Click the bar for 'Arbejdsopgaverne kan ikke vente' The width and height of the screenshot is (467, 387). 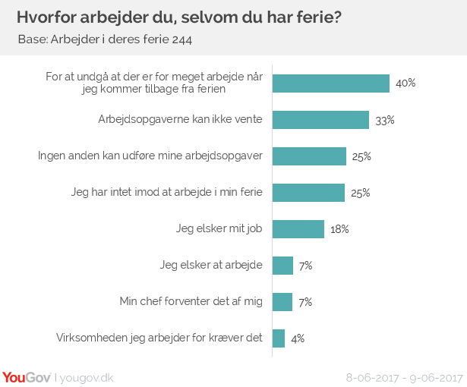coord(320,120)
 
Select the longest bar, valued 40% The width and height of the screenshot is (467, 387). coord(330,83)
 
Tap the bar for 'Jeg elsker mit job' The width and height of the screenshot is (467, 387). coord(298,229)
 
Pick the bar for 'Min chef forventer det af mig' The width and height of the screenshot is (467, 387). coord(282,302)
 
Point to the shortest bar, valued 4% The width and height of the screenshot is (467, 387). coord(279,338)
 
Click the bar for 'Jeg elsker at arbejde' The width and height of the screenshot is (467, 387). coord(282,266)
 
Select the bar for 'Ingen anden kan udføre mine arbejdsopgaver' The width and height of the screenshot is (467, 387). coord(309,156)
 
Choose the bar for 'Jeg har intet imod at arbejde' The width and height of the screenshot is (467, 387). coord(308,193)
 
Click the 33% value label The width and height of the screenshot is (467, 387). coord(385,120)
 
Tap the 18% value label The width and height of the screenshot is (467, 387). coord(339,229)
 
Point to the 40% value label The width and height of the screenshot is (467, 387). coord(405,83)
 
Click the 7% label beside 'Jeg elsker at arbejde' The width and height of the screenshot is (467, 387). coord(305,266)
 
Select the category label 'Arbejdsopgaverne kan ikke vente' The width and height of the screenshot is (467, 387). coord(181,120)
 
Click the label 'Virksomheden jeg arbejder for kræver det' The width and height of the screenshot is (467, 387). coord(160,338)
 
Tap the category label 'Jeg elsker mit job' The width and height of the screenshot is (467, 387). coord(221,229)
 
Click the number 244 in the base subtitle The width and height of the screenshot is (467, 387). coord(181,40)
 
